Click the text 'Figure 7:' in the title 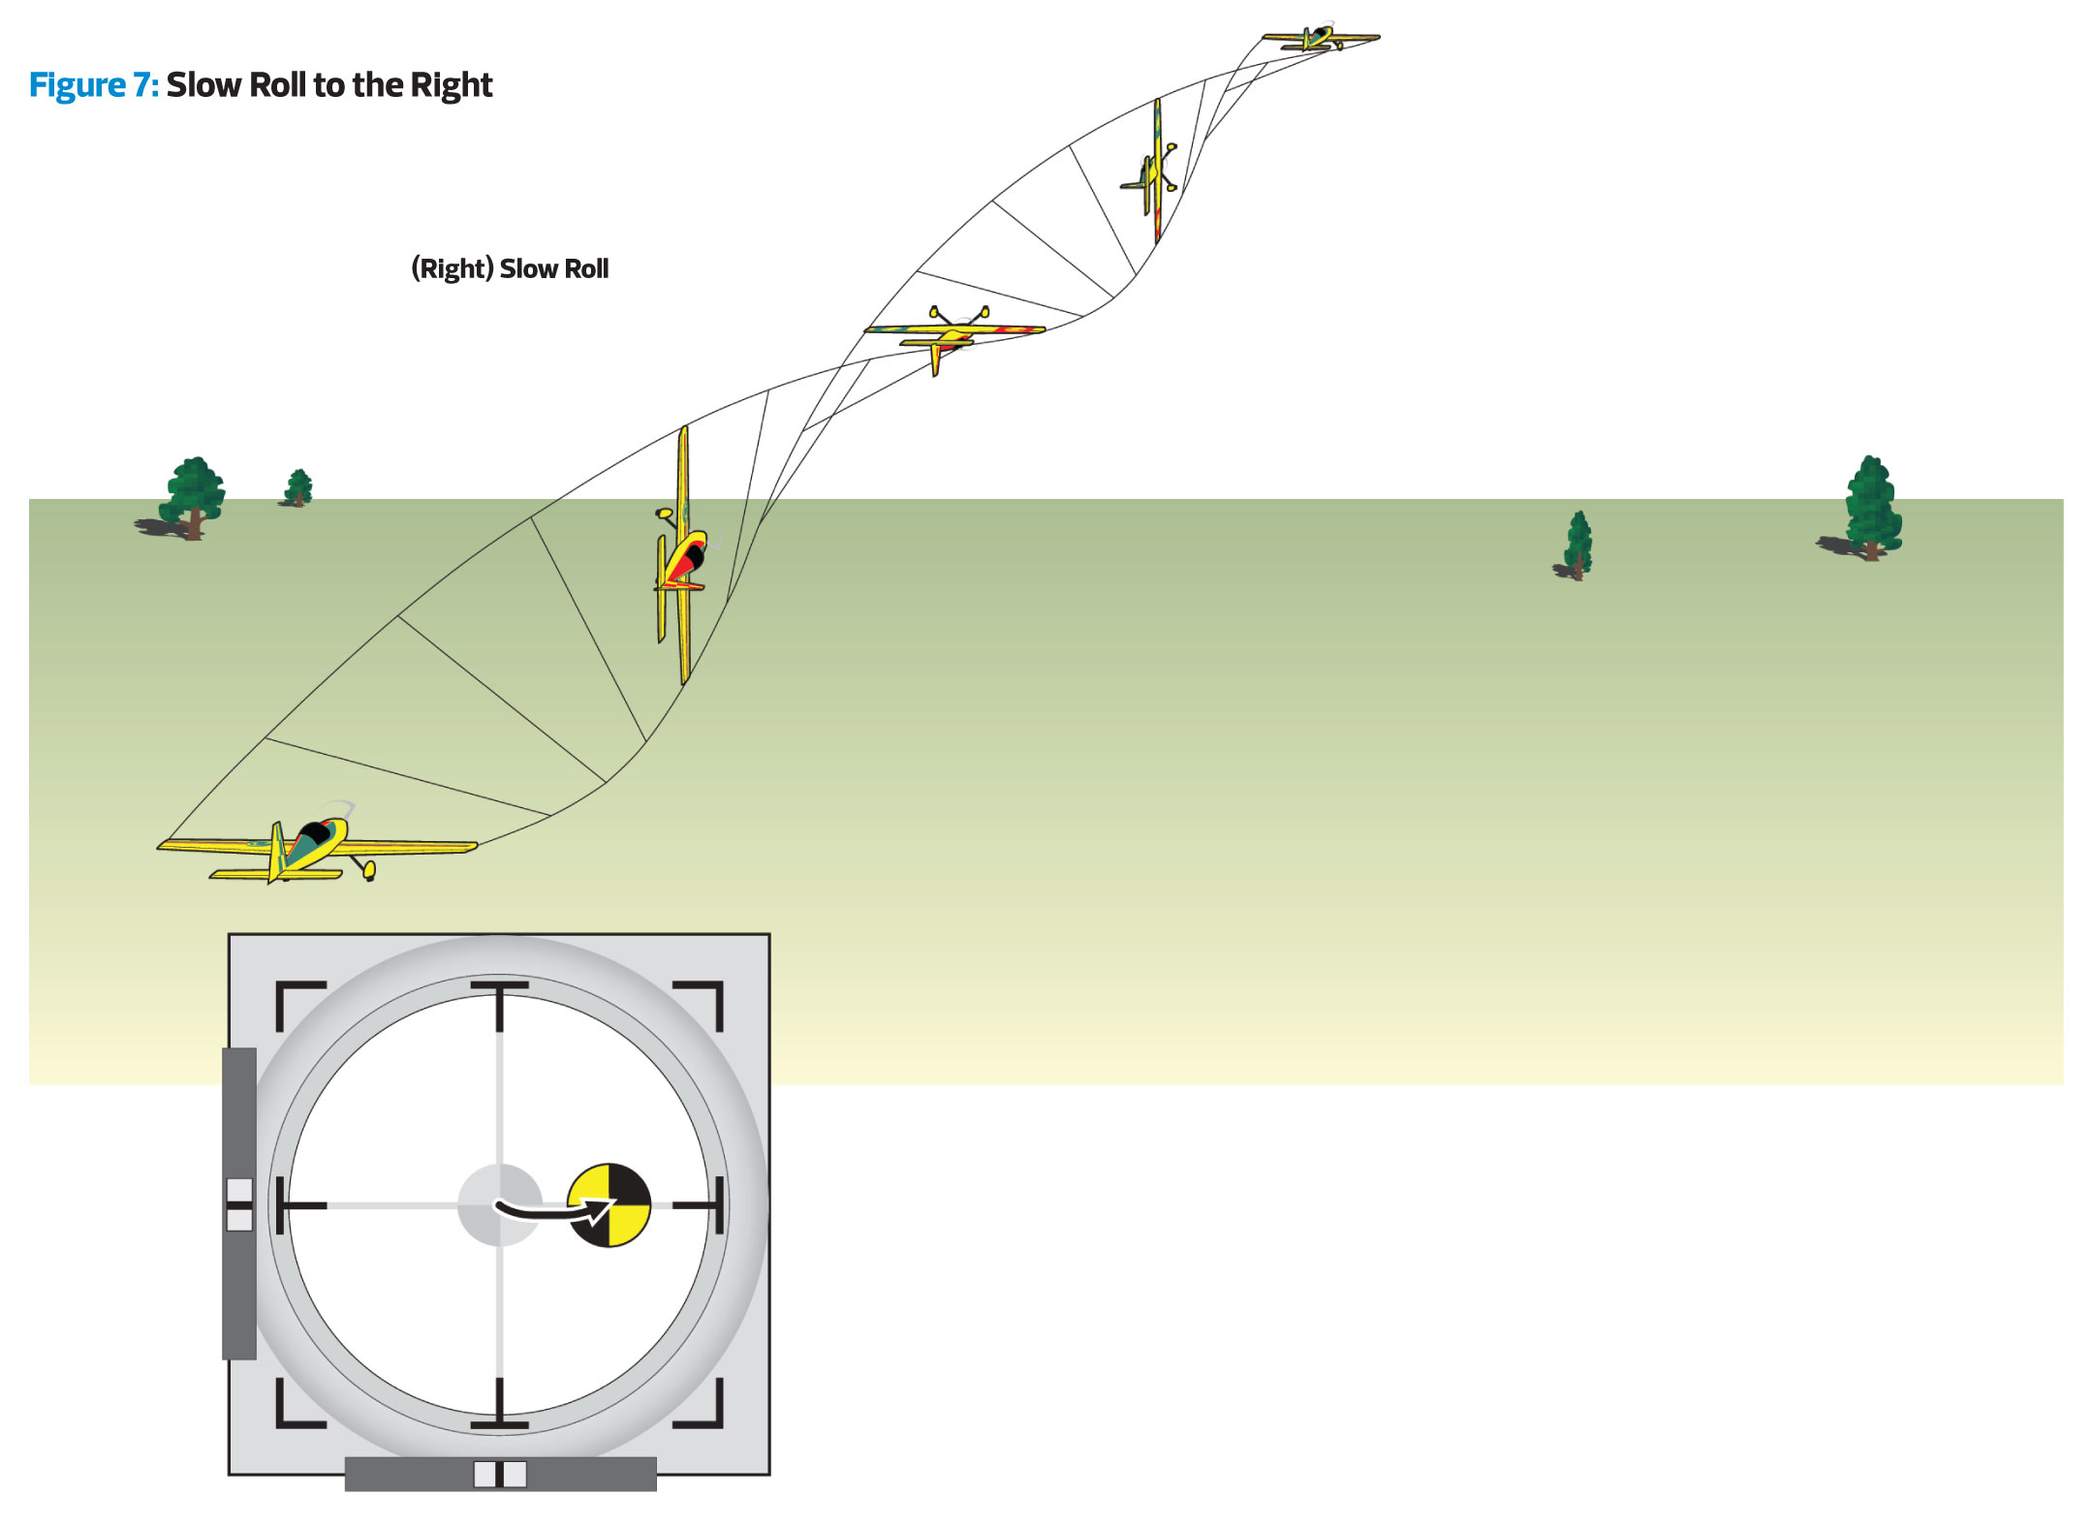tap(93, 85)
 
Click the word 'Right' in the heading tap(452, 85)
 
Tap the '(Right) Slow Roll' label tap(510, 268)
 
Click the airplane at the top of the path tap(1320, 39)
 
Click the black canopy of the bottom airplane tap(313, 832)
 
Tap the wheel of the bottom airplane tap(369, 870)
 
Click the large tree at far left tap(194, 496)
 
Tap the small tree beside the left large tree tap(298, 486)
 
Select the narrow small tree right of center tap(1578, 545)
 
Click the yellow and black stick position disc tap(609, 1205)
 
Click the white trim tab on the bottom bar tap(500, 1474)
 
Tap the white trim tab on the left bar tap(239, 1204)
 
